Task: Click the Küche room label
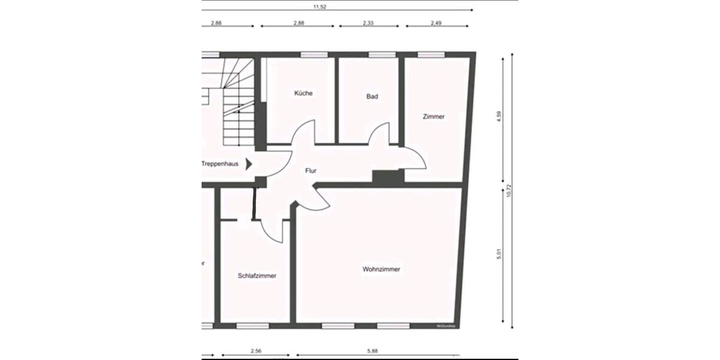click(x=303, y=94)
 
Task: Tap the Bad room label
click(x=372, y=96)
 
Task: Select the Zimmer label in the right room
click(x=434, y=116)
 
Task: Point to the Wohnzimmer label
click(x=381, y=269)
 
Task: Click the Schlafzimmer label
click(x=257, y=276)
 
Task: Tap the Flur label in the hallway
click(x=311, y=171)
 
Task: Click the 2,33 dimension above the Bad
click(x=368, y=23)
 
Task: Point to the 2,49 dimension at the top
click(x=436, y=23)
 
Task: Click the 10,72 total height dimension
click(x=508, y=191)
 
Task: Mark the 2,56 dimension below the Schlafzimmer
click(x=255, y=351)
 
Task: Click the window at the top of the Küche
click(x=310, y=55)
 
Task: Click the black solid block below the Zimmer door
click(x=386, y=177)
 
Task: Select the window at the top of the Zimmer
click(x=427, y=55)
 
